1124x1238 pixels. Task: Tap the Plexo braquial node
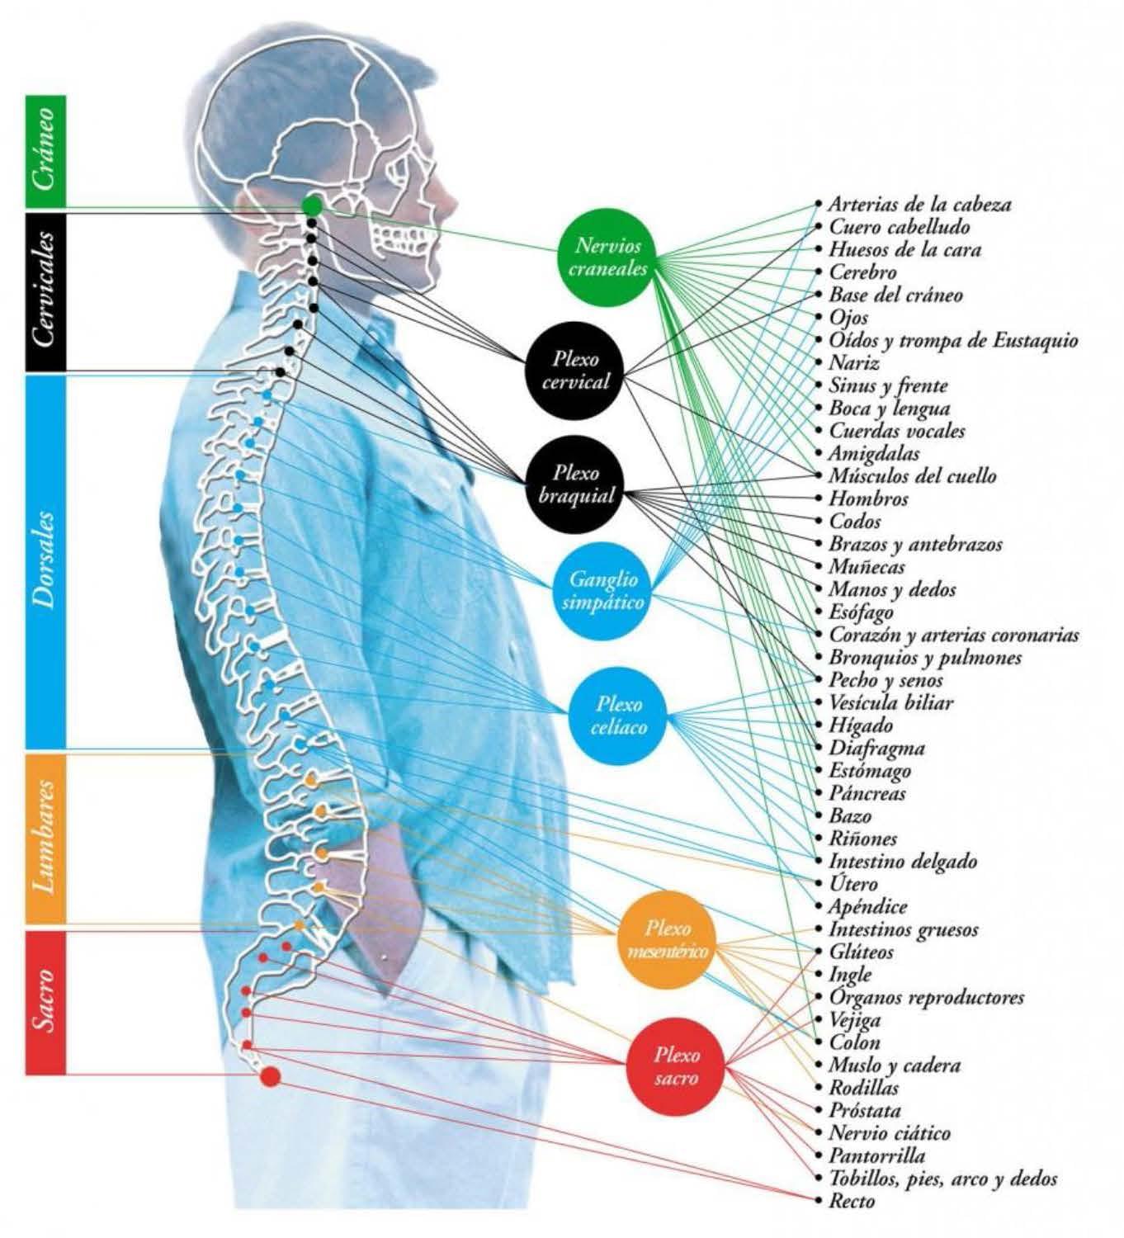point(576,484)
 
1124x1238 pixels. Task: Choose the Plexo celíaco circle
point(618,715)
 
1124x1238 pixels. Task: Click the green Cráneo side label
point(46,152)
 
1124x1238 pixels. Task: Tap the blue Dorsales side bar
point(46,561)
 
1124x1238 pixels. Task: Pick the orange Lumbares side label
point(46,838)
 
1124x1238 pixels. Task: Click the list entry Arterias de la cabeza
point(919,204)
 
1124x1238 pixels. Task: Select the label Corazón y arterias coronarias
point(953,636)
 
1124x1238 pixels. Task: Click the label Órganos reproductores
point(926,997)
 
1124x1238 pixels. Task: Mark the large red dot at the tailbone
point(270,1075)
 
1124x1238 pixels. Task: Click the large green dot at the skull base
point(312,206)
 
